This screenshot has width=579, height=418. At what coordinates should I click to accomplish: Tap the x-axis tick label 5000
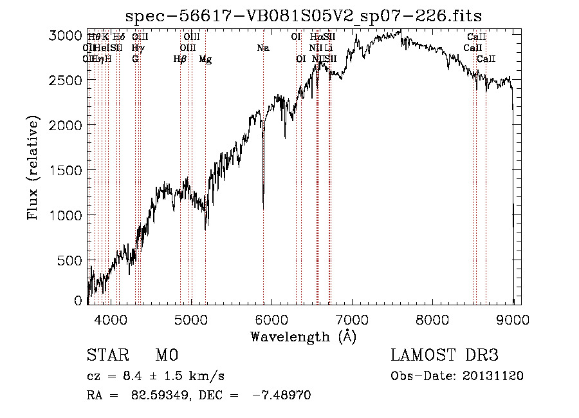[x=190, y=318]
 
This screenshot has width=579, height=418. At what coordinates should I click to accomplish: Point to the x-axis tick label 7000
[x=352, y=318]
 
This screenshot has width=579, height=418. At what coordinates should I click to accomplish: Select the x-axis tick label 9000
[x=513, y=318]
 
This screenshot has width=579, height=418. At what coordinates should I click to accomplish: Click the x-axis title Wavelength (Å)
[x=303, y=336]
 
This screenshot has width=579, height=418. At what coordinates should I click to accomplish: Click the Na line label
[x=262, y=48]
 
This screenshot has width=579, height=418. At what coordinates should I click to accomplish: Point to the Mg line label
[x=205, y=59]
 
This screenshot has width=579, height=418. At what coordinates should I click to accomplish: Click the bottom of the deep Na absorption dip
[x=262, y=207]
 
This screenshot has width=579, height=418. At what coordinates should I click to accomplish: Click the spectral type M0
[x=166, y=356]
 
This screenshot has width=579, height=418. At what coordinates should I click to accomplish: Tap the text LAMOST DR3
[x=444, y=356]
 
